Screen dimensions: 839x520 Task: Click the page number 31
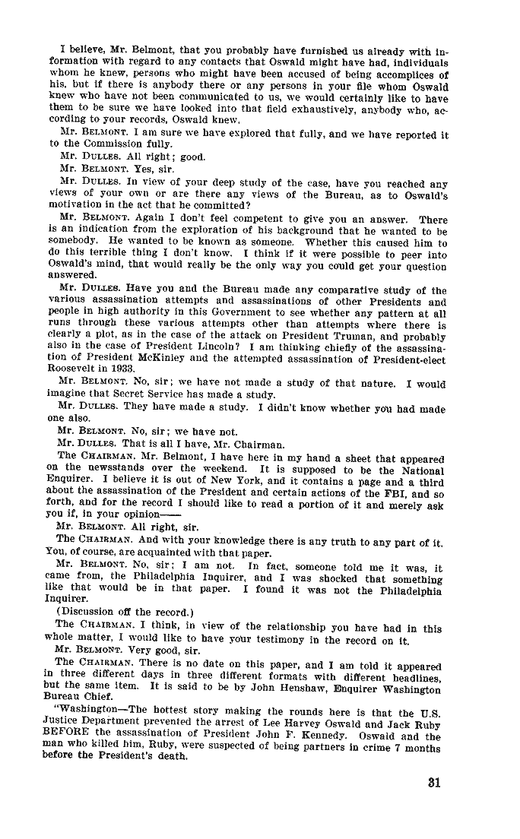pos(434,782)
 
